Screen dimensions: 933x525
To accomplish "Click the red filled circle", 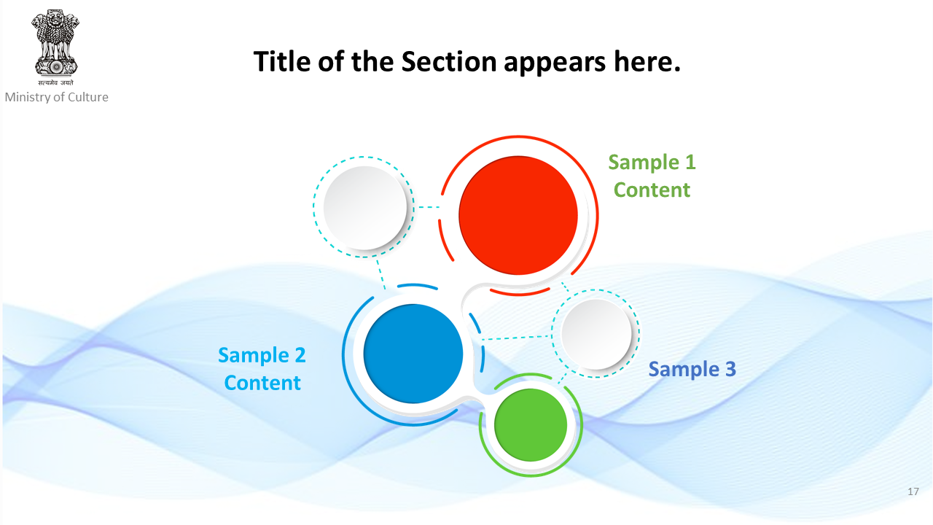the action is (x=518, y=215).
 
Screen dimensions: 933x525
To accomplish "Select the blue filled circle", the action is (x=413, y=354).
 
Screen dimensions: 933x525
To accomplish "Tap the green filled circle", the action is (x=531, y=425).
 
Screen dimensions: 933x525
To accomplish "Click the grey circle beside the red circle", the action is (x=365, y=208).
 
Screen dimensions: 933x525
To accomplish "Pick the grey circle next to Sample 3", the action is (x=596, y=334).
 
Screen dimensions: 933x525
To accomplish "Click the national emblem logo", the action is (x=55, y=42).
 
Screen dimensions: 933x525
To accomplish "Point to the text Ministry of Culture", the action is (x=57, y=97).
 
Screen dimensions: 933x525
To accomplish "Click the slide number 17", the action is (x=913, y=491).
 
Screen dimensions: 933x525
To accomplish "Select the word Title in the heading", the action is (x=282, y=62).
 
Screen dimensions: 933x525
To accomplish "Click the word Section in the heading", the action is (x=449, y=62).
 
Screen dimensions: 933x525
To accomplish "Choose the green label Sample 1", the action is (x=652, y=162).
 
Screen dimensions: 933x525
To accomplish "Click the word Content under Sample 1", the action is (x=652, y=190).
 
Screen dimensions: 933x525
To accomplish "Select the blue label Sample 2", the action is (x=262, y=355).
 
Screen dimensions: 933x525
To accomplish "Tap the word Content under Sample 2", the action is (x=262, y=383).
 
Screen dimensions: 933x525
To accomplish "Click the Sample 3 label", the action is (x=692, y=369).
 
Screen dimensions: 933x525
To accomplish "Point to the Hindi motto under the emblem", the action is (x=56, y=83).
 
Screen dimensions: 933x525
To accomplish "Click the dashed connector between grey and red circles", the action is (x=429, y=207).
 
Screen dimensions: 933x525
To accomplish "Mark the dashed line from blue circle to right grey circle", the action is (x=517, y=338).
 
